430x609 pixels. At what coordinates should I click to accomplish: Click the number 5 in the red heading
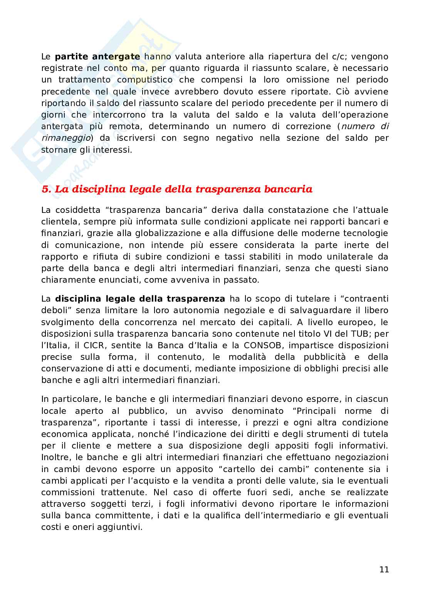click(x=44, y=189)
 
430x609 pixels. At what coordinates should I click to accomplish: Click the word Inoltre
click(x=54, y=457)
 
